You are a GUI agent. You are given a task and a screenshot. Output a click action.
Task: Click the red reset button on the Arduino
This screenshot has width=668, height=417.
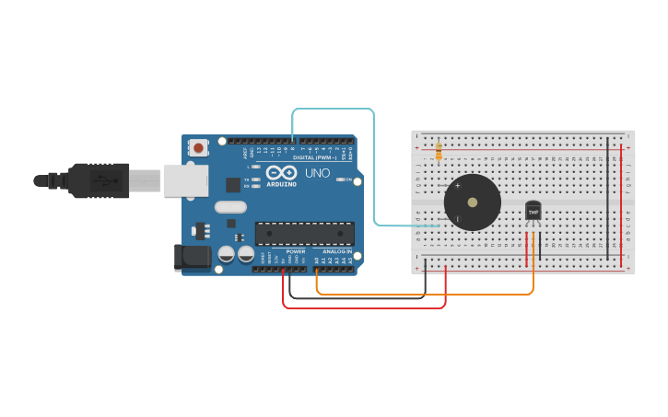coord(198,146)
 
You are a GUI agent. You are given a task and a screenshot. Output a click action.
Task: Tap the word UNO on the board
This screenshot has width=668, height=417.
coord(317,173)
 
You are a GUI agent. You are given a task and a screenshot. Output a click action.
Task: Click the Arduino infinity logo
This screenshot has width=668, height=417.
coord(281,172)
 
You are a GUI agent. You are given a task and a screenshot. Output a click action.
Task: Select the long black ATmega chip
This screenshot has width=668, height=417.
coord(304,234)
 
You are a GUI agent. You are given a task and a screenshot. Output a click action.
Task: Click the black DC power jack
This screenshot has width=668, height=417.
coord(191,258)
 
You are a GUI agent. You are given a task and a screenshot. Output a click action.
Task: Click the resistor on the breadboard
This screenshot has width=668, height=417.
coord(439,149)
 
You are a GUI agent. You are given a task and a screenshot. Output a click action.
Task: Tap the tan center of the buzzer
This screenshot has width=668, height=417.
coord(473,202)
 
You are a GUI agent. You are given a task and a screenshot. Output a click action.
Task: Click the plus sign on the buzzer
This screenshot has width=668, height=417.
coord(458,186)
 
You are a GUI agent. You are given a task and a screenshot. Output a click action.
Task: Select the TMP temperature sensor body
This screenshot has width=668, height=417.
coord(533,211)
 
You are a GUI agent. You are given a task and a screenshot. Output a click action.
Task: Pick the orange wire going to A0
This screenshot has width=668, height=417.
coord(424,295)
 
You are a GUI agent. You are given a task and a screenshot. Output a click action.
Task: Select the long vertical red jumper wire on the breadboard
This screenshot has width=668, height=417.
coord(621,203)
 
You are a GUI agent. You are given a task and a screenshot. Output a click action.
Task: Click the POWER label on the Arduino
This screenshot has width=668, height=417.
coord(296,251)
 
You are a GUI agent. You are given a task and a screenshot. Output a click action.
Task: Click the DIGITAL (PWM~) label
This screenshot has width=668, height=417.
coord(312,157)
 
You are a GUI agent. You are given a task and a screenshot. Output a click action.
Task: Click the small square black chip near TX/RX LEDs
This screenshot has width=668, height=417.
coord(233,185)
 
